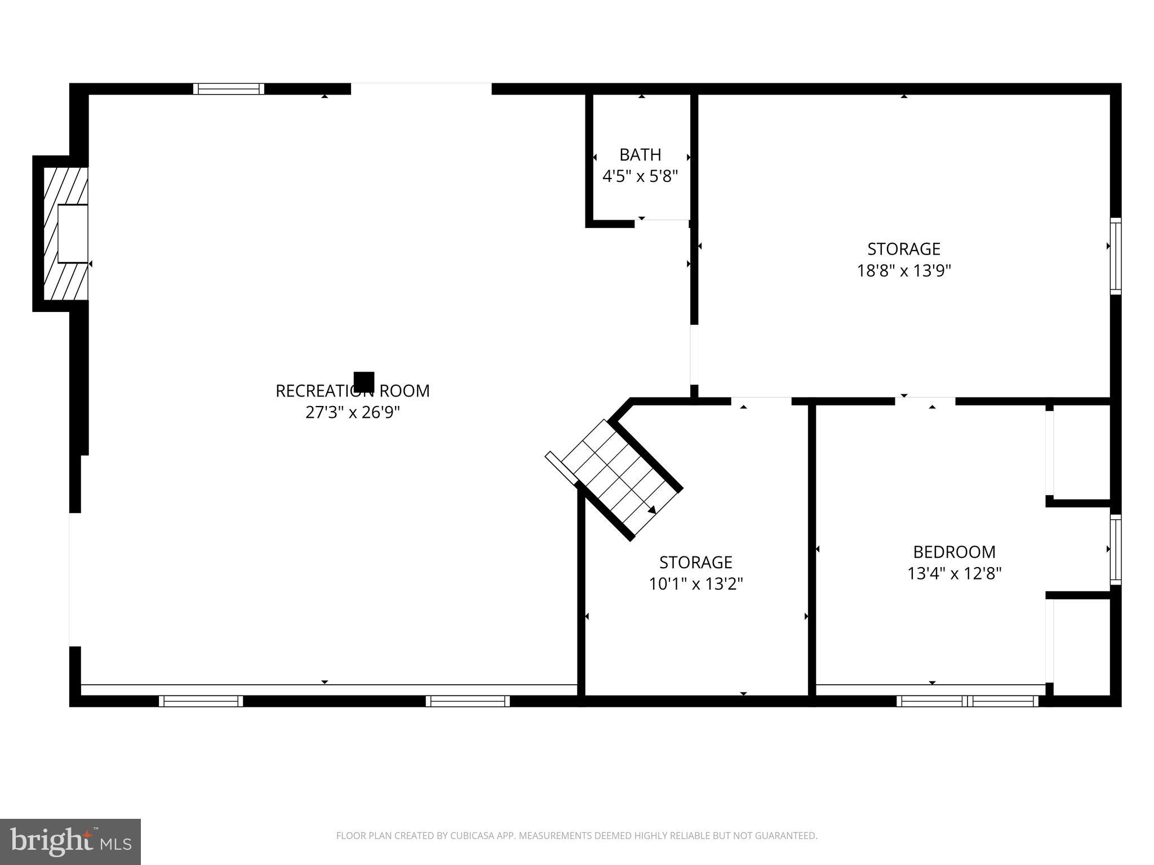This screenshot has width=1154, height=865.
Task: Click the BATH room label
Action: tap(640, 154)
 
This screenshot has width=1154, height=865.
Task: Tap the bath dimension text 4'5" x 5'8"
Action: tap(640, 177)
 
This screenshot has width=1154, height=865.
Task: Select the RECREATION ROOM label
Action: tap(352, 391)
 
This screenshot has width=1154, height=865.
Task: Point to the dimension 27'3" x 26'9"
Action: tap(352, 413)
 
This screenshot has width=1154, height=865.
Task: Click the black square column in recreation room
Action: tap(364, 382)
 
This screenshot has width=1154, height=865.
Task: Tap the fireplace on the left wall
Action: tap(66, 234)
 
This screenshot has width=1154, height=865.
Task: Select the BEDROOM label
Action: tap(954, 551)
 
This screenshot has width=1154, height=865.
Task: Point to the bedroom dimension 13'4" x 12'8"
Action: tap(954, 574)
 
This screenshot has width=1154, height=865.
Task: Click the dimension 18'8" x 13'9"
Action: tap(904, 271)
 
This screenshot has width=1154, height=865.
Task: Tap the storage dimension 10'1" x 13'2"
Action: tap(696, 585)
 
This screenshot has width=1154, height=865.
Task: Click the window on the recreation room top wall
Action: tap(228, 88)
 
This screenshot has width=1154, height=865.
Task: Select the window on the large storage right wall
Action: tap(1115, 256)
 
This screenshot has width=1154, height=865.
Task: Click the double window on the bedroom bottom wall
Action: tap(967, 701)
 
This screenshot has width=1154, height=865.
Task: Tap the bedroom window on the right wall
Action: tap(1115, 549)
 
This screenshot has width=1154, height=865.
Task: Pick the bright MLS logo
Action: tap(70, 842)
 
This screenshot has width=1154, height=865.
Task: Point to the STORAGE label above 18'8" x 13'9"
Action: tap(904, 249)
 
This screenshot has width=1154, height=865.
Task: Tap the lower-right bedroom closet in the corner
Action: tap(1081, 648)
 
